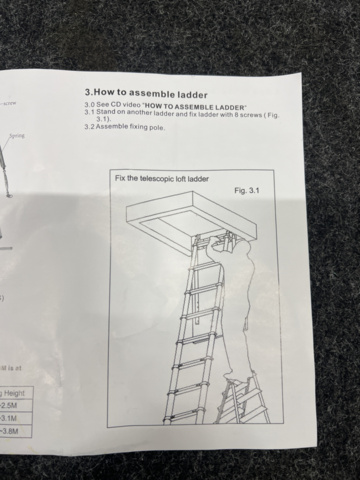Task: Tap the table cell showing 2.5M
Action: click(x=10, y=406)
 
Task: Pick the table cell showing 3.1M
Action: click(x=10, y=419)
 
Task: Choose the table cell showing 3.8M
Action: click(x=10, y=432)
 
